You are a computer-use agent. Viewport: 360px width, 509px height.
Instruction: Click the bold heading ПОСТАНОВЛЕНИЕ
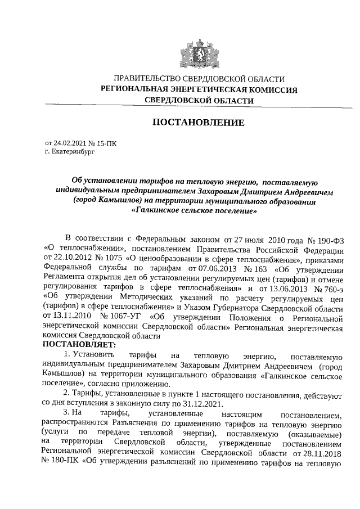pos(199,123)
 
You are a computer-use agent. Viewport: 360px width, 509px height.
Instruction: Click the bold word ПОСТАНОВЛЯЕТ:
pos(79,345)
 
